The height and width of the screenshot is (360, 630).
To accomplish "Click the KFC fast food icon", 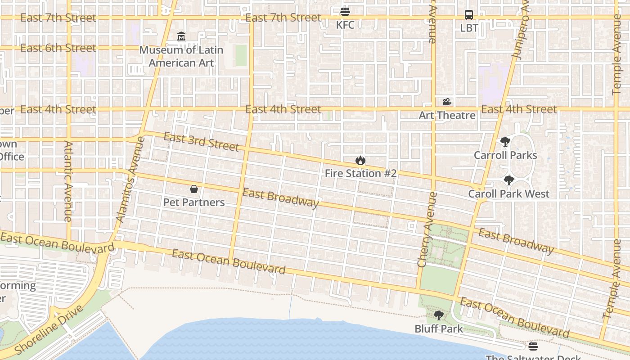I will pyautogui.click(x=345, y=12).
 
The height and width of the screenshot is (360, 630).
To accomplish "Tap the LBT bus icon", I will pyautogui.click(x=469, y=14).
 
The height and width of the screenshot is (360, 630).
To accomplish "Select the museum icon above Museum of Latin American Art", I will pyautogui.click(x=181, y=36).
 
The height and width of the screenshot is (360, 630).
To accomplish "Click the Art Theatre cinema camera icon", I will pyautogui.click(x=447, y=102).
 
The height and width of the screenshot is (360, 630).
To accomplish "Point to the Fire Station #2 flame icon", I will pyautogui.click(x=360, y=160).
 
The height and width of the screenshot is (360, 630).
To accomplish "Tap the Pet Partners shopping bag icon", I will pyautogui.click(x=194, y=189).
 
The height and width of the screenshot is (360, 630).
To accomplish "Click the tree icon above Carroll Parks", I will pyautogui.click(x=505, y=142).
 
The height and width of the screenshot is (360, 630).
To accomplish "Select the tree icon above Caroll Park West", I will pyautogui.click(x=508, y=180).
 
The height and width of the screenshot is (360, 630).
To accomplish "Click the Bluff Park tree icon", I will pyautogui.click(x=439, y=315).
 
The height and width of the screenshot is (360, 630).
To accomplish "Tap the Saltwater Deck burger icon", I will pyautogui.click(x=533, y=346).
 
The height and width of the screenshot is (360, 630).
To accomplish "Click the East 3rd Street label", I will pyautogui.click(x=201, y=142).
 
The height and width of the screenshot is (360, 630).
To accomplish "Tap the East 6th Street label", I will pyautogui.click(x=58, y=48).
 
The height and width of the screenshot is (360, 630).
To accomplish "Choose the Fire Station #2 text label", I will pyautogui.click(x=360, y=173).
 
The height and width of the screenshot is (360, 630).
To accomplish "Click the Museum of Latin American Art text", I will pyautogui.click(x=181, y=56).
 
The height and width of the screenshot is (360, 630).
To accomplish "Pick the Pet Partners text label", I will pyautogui.click(x=194, y=202).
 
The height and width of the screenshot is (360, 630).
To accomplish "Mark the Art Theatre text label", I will pyautogui.click(x=447, y=115).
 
